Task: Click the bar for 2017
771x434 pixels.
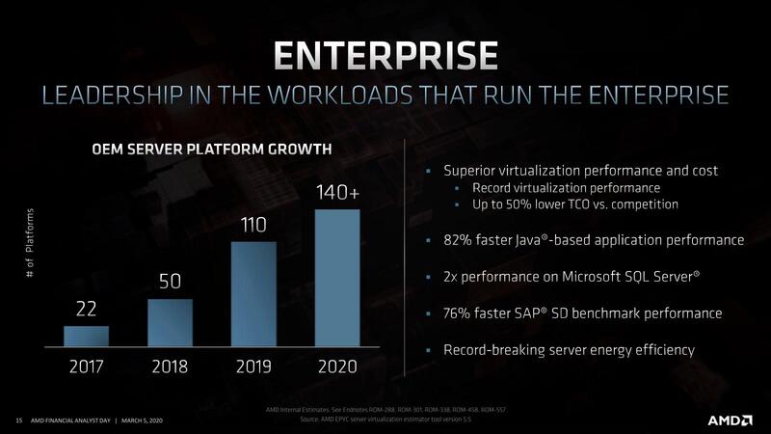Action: tap(86, 336)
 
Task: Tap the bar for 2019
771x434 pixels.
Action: tap(253, 293)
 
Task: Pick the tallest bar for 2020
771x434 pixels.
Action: tap(337, 278)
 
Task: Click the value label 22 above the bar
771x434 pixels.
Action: tap(86, 310)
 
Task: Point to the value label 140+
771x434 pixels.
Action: tap(337, 193)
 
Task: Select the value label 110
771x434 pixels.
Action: tap(253, 226)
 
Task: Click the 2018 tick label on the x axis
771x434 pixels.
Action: tap(170, 366)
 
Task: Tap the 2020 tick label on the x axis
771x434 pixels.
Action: tap(337, 366)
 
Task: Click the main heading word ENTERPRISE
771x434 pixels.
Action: tap(385, 56)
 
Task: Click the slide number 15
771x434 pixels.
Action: tap(18, 420)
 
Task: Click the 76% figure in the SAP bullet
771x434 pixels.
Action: tap(459, 313)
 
